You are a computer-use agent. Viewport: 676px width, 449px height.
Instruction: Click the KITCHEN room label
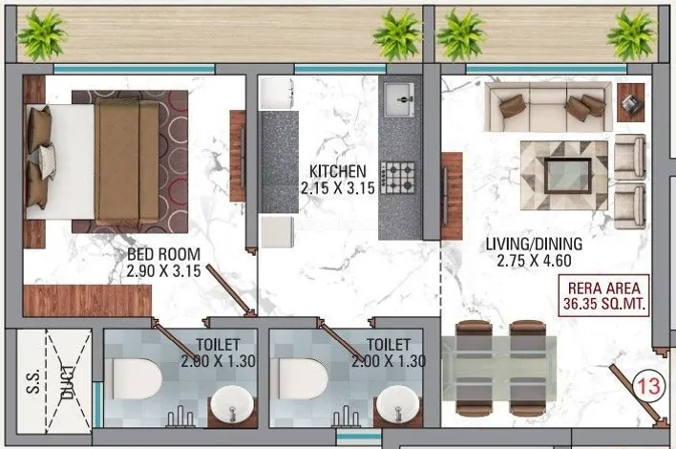pyautogui.click(x=338, y=171)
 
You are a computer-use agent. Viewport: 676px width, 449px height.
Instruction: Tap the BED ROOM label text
pyautogui.click(x=164, y=254)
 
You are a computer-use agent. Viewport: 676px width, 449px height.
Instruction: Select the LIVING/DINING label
pyautogui.click(x=534, y=244)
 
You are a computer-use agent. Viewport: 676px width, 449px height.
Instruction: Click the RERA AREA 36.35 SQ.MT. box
pyautogui.click(x=603, y=295)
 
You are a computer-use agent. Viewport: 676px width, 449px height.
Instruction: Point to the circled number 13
pyautogui.click(x=648, y=386)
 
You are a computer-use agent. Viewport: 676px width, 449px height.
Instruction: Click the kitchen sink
pyautogui.click(x=399, y=100)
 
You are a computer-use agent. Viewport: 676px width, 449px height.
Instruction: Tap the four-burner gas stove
pyautogui.click(x=397, y=178)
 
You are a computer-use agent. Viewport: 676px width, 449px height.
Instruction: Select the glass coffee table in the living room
pyautogui.click(x=568, y=176)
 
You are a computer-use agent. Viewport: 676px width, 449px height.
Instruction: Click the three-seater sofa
pyautogui.click(x=548, y=107)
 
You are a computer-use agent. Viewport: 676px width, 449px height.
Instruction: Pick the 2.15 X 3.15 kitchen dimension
pyautogui.click(x=338, y=188)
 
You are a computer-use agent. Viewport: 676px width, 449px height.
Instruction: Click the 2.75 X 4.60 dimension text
pyautogui.click(x=534, y=261)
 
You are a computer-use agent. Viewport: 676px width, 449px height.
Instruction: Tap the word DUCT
pyautogui.click(x=68, y=381)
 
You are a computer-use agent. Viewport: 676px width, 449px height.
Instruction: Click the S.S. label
pyautogui.click(x=32, y=381)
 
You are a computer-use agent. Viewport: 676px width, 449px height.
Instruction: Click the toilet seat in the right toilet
pyautogui.click(x=302, y=378)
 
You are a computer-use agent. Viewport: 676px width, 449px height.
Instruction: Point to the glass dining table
pyautogui.click(x=498, y=368)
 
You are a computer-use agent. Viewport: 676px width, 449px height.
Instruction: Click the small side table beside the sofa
pyautogui.click(x=630, y=102)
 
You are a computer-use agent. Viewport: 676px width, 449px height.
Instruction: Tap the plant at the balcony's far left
pyautogui.click(x=42, y=34)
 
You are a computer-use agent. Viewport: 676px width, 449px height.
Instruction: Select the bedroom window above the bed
pyautogui.click(x=134, y=69)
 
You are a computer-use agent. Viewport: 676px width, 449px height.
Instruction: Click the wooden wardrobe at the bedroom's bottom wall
pyautogui.click(x=87, y=301)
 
